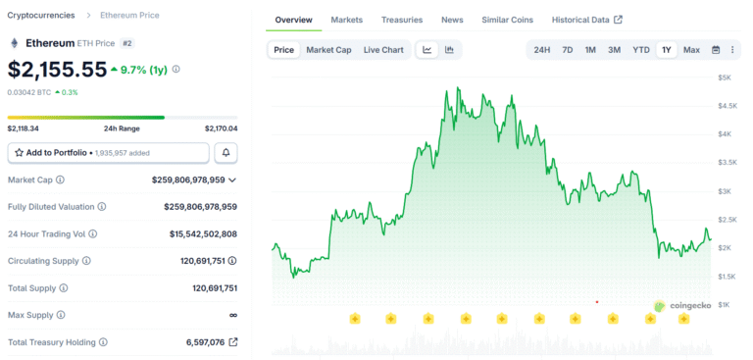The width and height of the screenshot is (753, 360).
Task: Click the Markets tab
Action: point(346,20)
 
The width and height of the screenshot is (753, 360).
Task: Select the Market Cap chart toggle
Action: point(328,50)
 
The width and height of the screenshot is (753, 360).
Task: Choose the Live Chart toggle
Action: point(382,50)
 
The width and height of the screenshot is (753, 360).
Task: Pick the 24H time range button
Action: point(541,50)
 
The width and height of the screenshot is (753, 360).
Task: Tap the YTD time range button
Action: point(640,50)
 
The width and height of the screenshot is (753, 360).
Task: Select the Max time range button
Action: point(691,50)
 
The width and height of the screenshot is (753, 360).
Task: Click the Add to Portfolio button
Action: point(108,153)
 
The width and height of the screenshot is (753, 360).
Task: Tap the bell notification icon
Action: point(226,153)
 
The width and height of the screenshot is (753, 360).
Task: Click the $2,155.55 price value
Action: point(57,70)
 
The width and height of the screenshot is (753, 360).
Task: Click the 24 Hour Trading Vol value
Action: point(196,233)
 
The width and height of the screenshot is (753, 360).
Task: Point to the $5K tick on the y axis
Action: point(724,77)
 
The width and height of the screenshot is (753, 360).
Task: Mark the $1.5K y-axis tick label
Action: point(727,277)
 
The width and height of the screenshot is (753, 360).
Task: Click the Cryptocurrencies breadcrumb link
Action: point(42,16)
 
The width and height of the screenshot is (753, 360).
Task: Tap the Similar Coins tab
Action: point(508,20)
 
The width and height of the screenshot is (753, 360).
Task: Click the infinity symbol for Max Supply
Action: point(232,315)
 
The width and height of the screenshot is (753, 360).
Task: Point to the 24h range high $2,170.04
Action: point(221,129)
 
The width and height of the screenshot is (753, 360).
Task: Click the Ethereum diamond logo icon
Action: point(14,43)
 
